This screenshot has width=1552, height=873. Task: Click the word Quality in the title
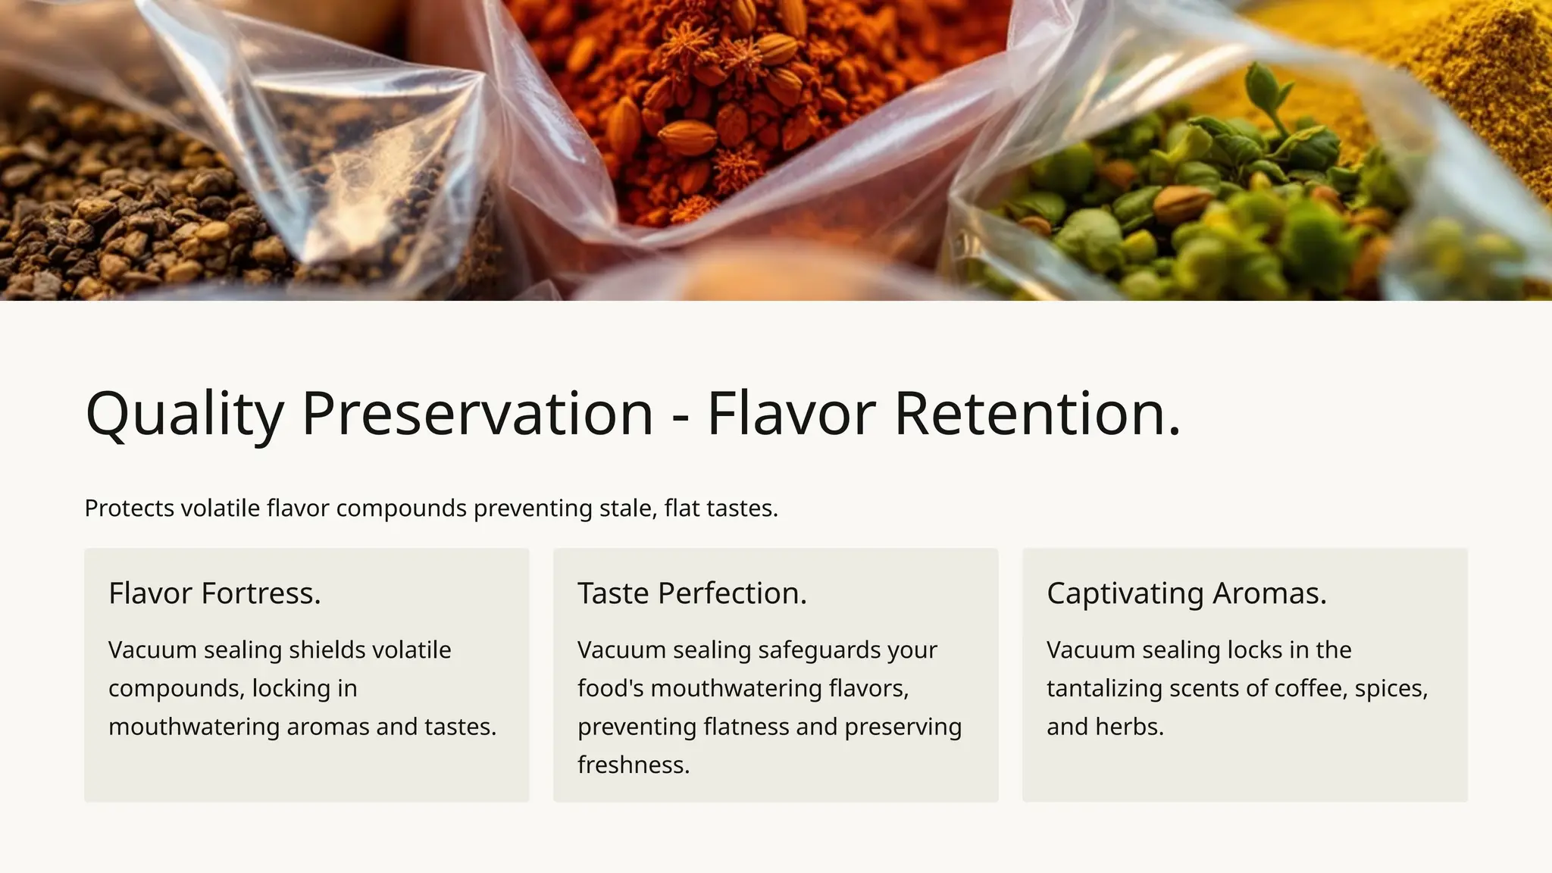[184, 414]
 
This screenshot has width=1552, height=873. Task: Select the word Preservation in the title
[477, 414]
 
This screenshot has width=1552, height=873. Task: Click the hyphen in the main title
[681, 417]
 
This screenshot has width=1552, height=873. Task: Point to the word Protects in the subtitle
[129, 508]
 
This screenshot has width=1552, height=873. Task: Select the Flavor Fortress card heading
[214, 593]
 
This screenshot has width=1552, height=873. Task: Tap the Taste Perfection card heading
[692, 593]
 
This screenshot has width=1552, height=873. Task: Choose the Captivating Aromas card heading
[1186, 593]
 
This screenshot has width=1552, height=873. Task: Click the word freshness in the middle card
[633, 765]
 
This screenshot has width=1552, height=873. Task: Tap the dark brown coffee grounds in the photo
[114, 220]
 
